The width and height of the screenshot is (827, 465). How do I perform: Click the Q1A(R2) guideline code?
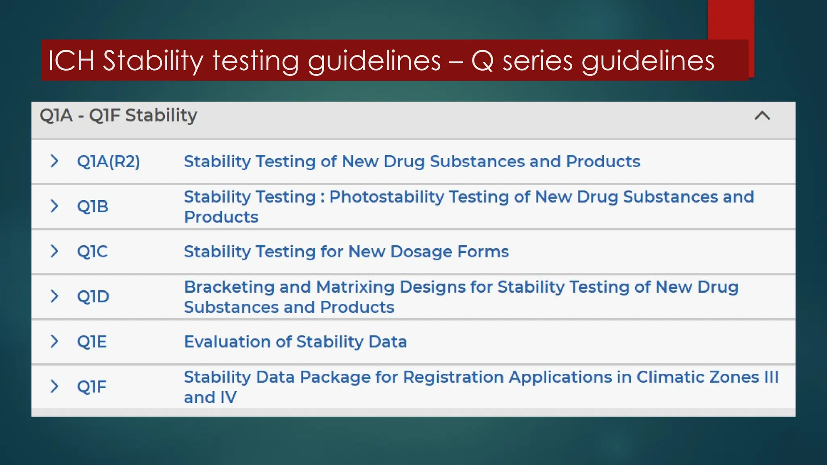(x=108, y=161)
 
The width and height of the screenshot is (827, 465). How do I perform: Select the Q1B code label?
(x=92, y=207)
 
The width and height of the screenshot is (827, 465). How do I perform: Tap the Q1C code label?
(x=92, y=251)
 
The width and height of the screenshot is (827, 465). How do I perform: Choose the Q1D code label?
(x=93, y=297)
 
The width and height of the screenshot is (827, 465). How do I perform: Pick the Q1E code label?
(x=92, y=342)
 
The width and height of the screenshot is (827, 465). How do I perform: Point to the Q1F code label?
(x=91, y=387)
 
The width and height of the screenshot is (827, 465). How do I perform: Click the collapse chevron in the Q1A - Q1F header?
(x=762, y=116)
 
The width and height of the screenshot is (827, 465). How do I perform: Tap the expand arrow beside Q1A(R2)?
(x=54, y=161)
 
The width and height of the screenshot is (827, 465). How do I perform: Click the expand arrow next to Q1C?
(x=54, y=251)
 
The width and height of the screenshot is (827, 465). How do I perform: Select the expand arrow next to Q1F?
(x=54, y=386)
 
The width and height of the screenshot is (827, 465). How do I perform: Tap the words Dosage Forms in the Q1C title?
(x=449, y=251)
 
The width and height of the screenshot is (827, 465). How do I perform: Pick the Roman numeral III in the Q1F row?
(x=771, y=377)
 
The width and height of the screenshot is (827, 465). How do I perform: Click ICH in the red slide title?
(x=71, y=61)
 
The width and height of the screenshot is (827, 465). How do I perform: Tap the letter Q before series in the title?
(x=482, y=61)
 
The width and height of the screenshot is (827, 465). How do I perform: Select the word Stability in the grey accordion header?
(x=161, y=116)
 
